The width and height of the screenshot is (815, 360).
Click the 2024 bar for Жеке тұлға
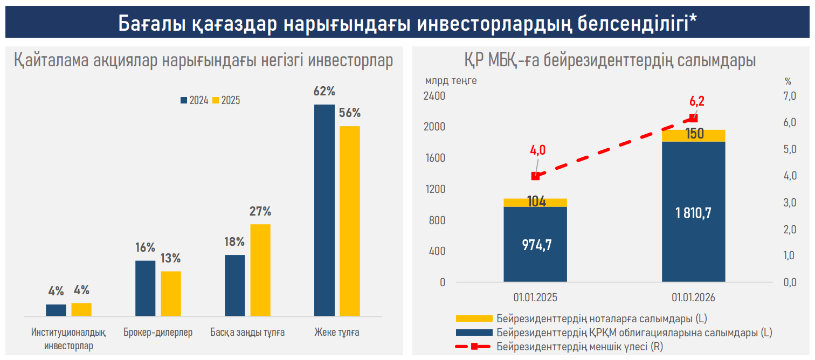point(324,210)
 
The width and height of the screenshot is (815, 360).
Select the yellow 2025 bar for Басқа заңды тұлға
point(260,269)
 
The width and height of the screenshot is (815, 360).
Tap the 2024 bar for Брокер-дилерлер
point(145,288)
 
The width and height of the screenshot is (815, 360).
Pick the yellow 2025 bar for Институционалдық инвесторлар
point(81,309)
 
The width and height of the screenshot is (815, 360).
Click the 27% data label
point(260,212)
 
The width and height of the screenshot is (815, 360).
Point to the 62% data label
point(324,92)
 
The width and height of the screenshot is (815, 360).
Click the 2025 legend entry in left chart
point(226,100)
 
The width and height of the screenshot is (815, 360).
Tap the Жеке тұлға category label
point(337,333)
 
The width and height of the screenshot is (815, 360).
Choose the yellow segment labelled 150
point(693,135)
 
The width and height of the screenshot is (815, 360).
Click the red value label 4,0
point(538,150)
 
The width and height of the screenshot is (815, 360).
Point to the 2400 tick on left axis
point(436,96)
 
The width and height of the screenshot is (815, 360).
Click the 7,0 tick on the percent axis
point(789,96)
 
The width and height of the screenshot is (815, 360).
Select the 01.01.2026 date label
point(693,297)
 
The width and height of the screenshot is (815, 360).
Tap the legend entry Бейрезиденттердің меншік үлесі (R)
point(579,347)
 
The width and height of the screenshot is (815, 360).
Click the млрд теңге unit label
point(451,81)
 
